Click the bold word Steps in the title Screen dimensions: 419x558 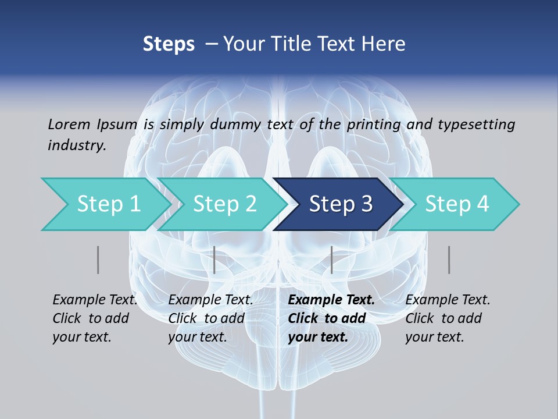click(x=169, y=44)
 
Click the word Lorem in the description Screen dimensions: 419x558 click(x=69, y=124)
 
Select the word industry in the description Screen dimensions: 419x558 click(x=77, y=145)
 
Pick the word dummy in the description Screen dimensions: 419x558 click(x=235, y=124)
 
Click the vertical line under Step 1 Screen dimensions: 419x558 click(x=98, y=260)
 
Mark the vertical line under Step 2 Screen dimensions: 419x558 click(x=214, y=260)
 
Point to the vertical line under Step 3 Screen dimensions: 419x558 click(x=331, y=260)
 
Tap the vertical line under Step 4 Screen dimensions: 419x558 click(x=449, y=260)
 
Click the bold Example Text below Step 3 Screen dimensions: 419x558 click(x=331, y=300)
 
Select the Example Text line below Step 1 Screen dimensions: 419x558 click(x=95, y=300)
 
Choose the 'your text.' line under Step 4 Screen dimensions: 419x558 click(x=434, y=337)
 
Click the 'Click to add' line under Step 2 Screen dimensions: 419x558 click(x=206, y=318)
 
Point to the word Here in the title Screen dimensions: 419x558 click(x=384, y=44)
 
